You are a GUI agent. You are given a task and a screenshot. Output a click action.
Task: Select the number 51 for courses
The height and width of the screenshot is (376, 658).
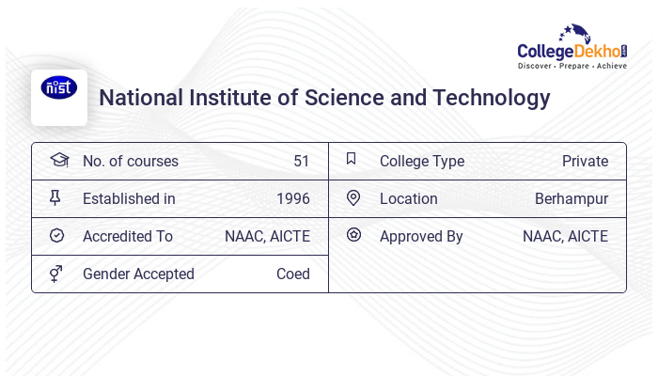click(301, 161)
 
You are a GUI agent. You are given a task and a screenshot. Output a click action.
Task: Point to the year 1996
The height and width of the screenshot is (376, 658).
click(292, 198)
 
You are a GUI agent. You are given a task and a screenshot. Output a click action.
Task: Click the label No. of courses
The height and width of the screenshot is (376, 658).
click(130, 161)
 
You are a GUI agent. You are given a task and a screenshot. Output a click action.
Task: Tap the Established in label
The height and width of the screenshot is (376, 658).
click(129, 198)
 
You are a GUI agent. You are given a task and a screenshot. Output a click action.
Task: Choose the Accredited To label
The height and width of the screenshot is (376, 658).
click(127, 236)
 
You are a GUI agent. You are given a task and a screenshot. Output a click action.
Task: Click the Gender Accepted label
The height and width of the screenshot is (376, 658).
click(138, 274)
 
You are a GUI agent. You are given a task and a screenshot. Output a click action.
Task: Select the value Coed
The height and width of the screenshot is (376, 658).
click(292, 274)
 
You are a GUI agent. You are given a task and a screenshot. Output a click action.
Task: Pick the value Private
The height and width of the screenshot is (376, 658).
click(585, 161)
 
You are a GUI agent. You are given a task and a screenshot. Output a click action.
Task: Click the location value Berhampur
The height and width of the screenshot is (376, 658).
click(572, 198)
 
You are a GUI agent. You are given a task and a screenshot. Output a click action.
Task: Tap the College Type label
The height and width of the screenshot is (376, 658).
click(421, 161)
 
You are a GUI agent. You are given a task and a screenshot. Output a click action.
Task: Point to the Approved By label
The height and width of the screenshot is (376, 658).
click(421, 236)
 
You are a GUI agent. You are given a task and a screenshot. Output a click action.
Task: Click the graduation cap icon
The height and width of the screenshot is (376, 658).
click(58, 160)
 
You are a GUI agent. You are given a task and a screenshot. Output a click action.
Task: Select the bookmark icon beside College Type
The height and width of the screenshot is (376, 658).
click(352, 159)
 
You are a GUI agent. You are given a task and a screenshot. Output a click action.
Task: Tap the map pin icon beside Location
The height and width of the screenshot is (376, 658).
click(353, 197)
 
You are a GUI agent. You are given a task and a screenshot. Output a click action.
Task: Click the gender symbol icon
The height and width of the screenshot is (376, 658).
click(56, 274)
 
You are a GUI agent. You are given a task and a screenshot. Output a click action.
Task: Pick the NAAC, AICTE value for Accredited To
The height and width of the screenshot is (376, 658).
click(267, 236)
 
